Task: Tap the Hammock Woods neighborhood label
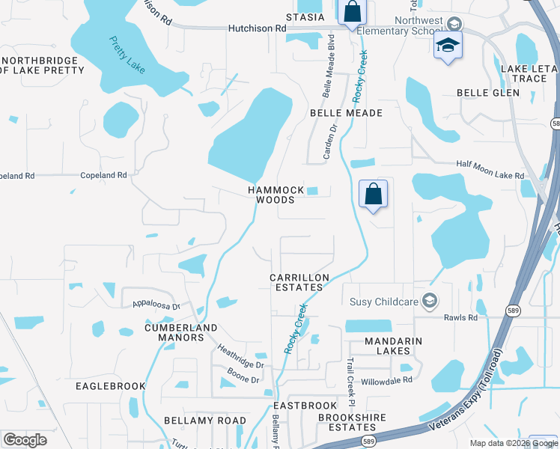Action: click(276, 195)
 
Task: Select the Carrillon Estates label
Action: click(299, 283)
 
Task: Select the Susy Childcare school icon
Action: click(430, 301)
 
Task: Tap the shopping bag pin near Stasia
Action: click(351, 13)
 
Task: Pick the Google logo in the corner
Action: click(25, 440)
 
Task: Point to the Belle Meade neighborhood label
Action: click(347, 113)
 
